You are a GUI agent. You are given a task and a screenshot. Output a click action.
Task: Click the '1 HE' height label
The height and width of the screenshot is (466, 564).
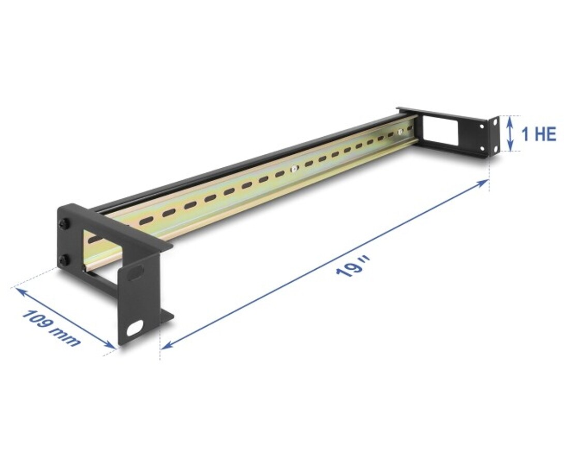coord(539,134)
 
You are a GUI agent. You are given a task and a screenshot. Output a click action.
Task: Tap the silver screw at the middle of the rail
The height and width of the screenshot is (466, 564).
coord(294,168)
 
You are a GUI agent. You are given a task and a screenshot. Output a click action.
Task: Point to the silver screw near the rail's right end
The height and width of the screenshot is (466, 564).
coord(400,132)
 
